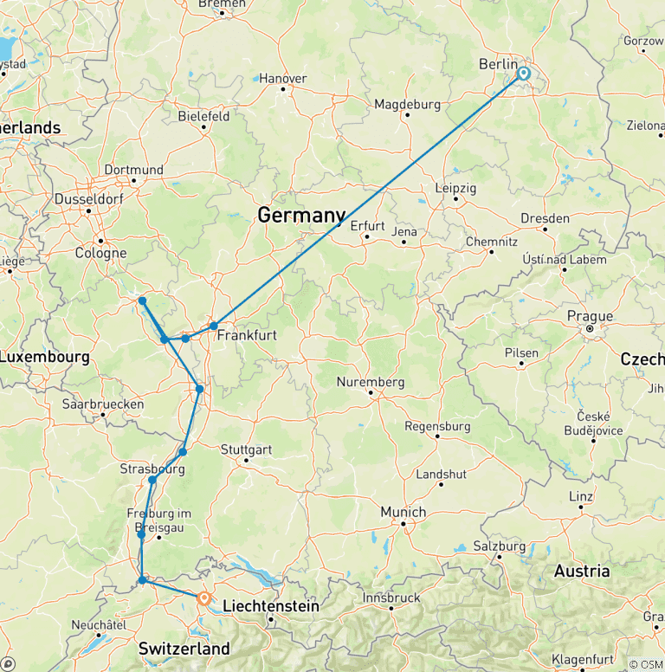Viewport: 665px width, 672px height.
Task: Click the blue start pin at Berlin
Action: pyautogui.click(x=524, y=74)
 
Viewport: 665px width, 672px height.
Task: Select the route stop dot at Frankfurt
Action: pyautogui.click(x=214, y=326)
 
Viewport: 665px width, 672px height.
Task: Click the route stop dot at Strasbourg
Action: pyautogui.click(x=152, y=480)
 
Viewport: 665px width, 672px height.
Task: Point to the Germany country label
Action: pyautogui.click(x=301, y=216)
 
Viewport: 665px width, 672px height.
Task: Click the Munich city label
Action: pyautogui.click(x=404, y=512)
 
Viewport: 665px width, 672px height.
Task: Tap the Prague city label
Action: pyautogui.click(x=590, y=316)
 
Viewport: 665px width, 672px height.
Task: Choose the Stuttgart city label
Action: pyautogui.click(x=247, y=449)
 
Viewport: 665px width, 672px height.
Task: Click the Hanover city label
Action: pyautogui.click(x=283, y=79)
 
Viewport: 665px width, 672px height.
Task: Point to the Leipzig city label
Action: pyautogui.click(x=455, y=188)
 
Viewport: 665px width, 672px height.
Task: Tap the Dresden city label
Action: pyautogui.click(x=546, y=218)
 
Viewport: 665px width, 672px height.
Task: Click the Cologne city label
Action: pyautogui.click(x=101, y=254)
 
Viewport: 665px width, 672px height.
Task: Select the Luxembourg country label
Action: pyautogui.click(x=45, y=357)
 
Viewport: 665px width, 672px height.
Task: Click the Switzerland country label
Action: pyautogui.click(x=184, y=648)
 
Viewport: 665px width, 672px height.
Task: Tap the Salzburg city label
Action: pyautogui.click(x=500, y=546)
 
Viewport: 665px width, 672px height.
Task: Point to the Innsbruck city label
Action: pyautogui.click(x=391, y=597)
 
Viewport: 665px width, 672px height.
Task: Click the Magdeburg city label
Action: pyautogui.click(x=407, y=105)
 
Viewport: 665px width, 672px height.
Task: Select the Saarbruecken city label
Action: pyautogui.click(x=103, y=404)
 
